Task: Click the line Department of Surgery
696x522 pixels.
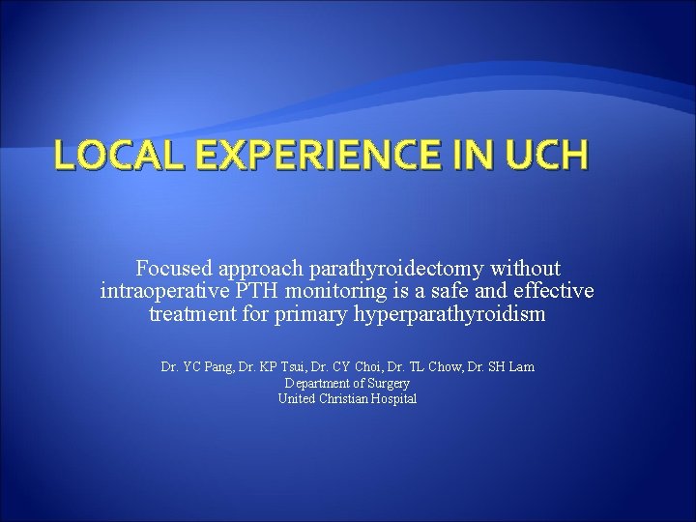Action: coord(347,384)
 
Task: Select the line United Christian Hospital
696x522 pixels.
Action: coord(347,399)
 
